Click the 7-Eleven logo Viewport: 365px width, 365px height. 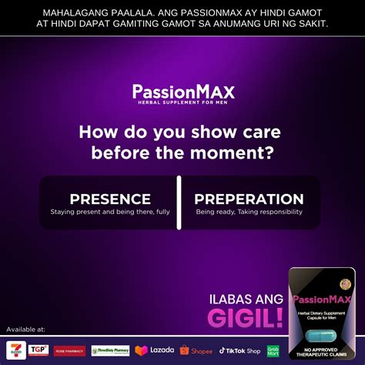(x=15, y=350)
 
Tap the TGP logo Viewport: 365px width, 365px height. (x=39, y=350)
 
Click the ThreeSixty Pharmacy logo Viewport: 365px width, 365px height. (x=110, y=350)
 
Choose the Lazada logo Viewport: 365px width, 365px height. (x=154, y=350)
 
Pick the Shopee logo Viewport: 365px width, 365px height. (x=196, y=350)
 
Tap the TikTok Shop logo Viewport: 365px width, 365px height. (x=239, y=350)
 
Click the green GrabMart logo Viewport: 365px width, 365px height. (x=273, y=350)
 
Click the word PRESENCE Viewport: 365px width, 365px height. (x=109, y=199)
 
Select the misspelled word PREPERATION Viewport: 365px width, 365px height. (x=249, y=199)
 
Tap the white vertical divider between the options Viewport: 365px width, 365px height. (x=179, y=203)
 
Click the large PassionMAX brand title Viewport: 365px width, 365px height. (x=182, y=92)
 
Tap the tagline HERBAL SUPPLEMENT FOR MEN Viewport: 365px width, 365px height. (x=182, y=103)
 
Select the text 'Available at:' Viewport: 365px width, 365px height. (x=26, y=330)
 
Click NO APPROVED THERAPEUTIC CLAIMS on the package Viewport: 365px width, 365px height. (x=322, y=355)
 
